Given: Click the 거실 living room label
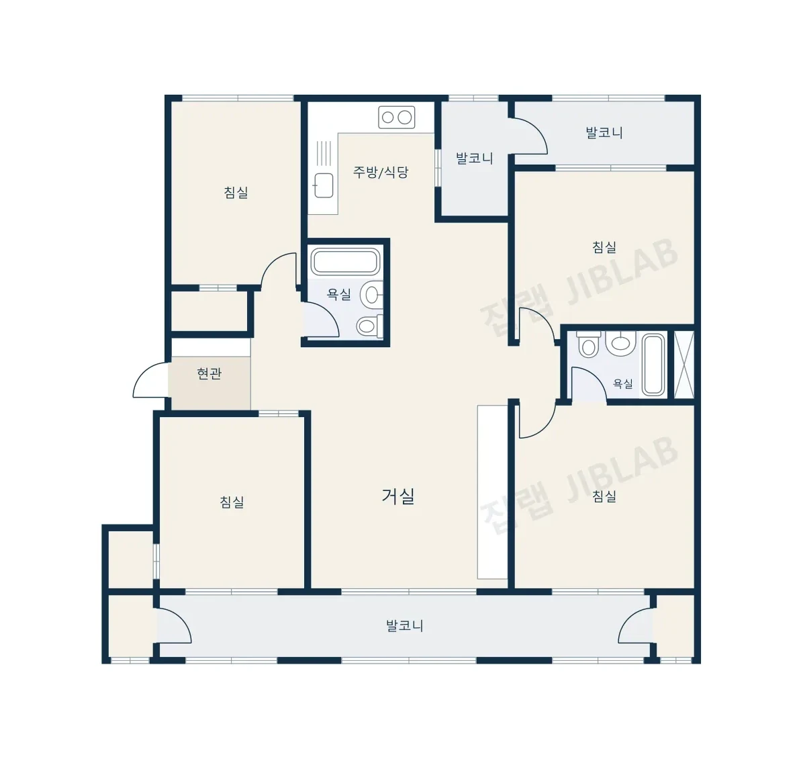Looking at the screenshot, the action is (398, 496).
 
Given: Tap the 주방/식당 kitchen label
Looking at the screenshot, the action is (381, 172).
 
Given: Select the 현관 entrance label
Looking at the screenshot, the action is (209, 373).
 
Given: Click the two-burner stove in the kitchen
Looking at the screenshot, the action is (396, 118).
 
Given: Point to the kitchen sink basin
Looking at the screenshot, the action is (324, 185).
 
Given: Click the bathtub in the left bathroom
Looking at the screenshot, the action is (345, 262).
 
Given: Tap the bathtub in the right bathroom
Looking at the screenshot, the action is (654, 364).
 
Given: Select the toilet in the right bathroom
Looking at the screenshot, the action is (589, 345).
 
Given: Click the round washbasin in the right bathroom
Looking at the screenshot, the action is (620, 342).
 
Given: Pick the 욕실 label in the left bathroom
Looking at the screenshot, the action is (339, 294).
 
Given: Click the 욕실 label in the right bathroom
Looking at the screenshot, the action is (622, 384).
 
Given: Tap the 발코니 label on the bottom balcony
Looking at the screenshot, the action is (405, 625).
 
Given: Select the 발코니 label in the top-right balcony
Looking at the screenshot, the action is (604, 133).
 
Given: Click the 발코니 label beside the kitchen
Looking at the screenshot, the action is (475, 158).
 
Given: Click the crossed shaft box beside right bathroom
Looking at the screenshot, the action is (684, 364).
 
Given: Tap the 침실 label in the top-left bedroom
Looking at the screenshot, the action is (236, 193).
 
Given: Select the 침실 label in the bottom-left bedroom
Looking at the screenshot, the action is (232, 502).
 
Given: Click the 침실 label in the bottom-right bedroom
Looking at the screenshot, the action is (604, 496).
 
